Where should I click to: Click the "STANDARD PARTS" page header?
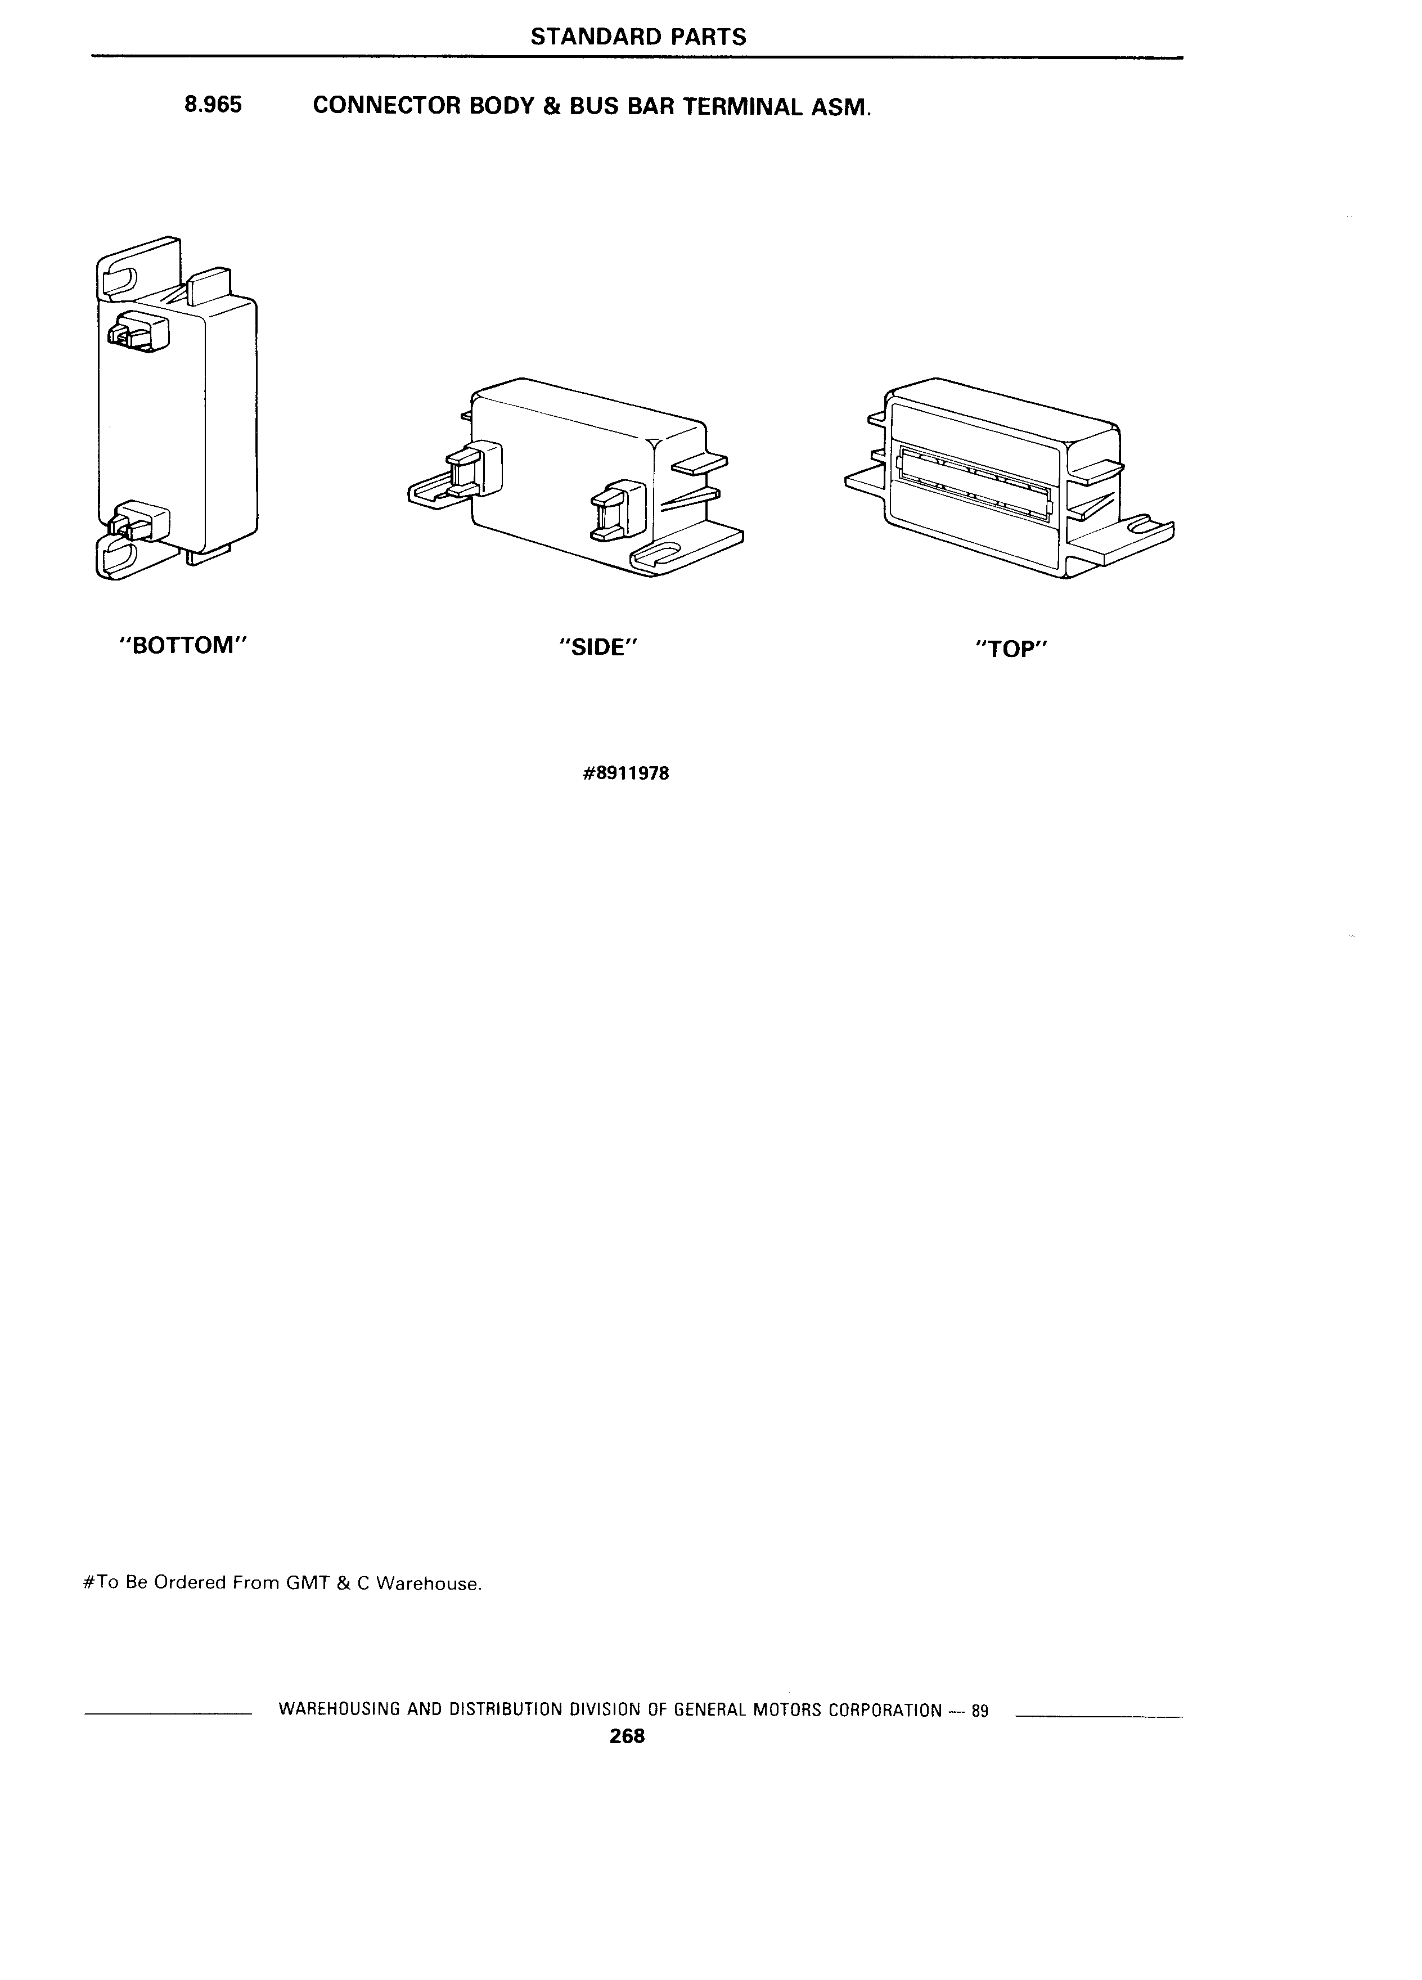click(x=638, y=37)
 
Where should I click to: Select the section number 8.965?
click(x=213, y=106)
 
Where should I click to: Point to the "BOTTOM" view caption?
click(x=184, y=646)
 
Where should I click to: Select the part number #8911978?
click(x=626, y=773)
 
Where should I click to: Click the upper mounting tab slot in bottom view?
click(x=120, y=281)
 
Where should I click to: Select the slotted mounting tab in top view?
click(x=1126, y=536)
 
